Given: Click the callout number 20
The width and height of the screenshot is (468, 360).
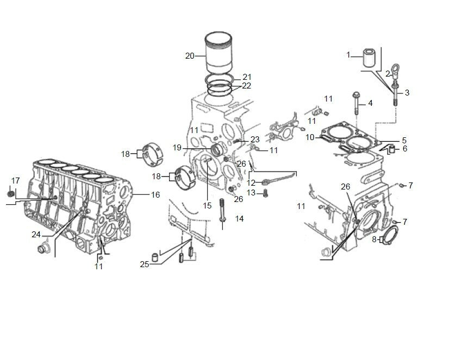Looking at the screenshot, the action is tap(190, 56).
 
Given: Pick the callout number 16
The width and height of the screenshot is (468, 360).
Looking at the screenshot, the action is tap(155, 195).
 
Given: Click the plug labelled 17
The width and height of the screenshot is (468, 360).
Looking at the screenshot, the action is tap(10, 194).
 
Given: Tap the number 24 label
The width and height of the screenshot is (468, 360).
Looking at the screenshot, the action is tap(36, 235).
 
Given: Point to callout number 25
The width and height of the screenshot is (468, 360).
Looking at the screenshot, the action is tap(145, 264).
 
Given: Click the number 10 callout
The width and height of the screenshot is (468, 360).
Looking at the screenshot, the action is tap(310, 137).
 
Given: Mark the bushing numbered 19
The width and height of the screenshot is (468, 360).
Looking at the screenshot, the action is tap(217, 149).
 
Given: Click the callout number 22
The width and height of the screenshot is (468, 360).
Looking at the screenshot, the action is tap(247, 86).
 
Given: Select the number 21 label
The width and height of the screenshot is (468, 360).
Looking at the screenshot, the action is tap(247, 77).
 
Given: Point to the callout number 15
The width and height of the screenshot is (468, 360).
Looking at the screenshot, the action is tap(207, 205).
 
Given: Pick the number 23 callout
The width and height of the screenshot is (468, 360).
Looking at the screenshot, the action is tap(255, 140).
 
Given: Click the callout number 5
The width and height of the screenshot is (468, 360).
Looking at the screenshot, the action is tap(404, 140).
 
